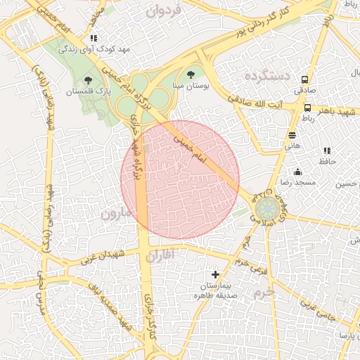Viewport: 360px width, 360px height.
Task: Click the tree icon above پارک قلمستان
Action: [87, 81]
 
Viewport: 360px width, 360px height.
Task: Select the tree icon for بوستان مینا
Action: [191, 74]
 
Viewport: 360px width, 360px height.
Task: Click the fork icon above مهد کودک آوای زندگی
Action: [94, 39]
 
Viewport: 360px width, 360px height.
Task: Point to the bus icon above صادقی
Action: [305, 79]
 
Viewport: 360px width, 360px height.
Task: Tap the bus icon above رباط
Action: [308, 108]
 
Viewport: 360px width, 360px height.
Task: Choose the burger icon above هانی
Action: [292, 135]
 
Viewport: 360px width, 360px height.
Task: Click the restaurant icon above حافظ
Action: [327, 151]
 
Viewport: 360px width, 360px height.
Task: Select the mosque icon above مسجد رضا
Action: [297, 172]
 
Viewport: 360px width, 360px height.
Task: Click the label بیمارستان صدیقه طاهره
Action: [215, 290]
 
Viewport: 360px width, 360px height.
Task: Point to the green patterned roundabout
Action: [266, 208]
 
